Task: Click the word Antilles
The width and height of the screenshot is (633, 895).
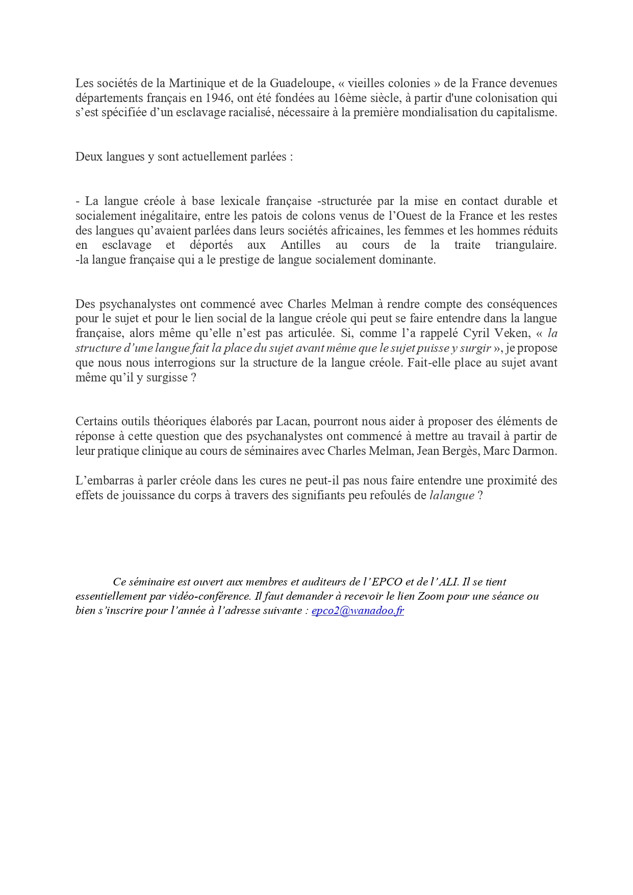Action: [300, 245]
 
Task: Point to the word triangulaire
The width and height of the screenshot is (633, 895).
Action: [525, 245]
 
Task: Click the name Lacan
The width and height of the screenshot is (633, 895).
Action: [292, 422]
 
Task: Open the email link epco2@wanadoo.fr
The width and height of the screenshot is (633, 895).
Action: [358, 611]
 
